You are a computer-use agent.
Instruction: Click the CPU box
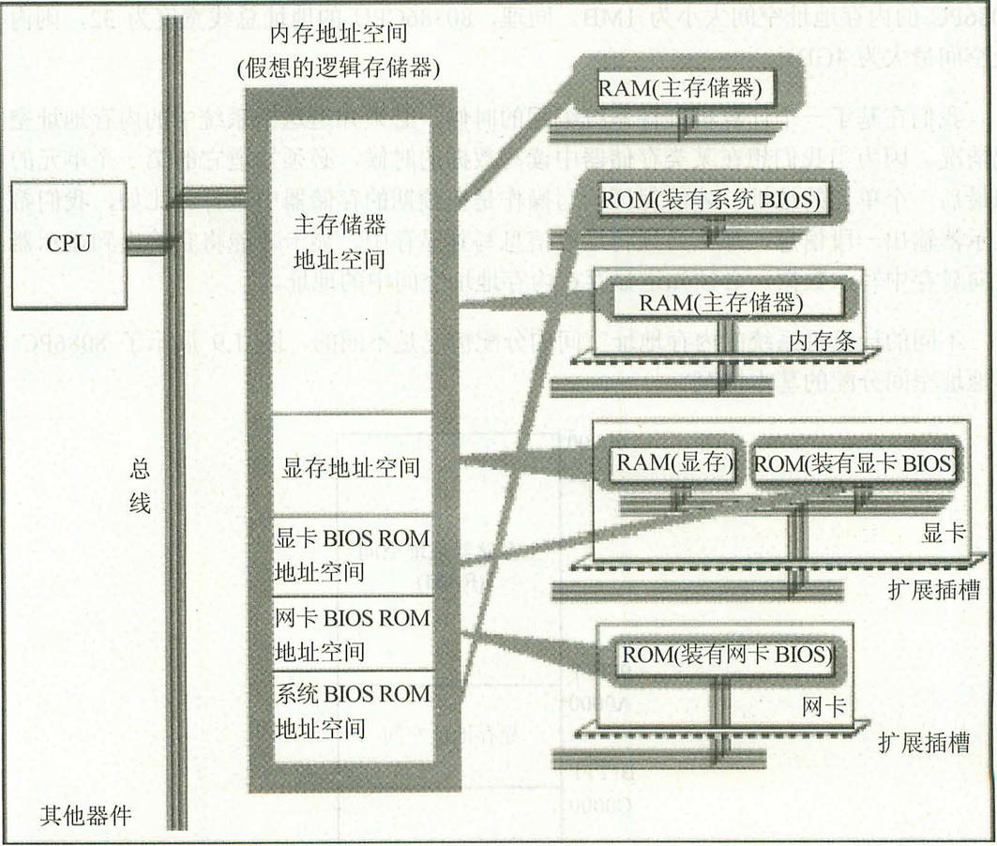[x=68, y=245]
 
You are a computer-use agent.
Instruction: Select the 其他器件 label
[x=85, y=816]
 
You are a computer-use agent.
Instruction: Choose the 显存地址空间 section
[x=351, y=465]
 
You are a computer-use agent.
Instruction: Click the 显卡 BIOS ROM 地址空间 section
[x=352, y=554]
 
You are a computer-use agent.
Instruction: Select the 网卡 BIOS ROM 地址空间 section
[x=352, y=634]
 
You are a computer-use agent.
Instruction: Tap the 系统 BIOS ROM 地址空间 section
[x=352, y=710]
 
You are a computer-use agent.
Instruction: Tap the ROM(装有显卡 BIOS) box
[x=854, y=462]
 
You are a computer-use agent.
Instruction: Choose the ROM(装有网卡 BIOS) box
[x=725, y=654]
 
